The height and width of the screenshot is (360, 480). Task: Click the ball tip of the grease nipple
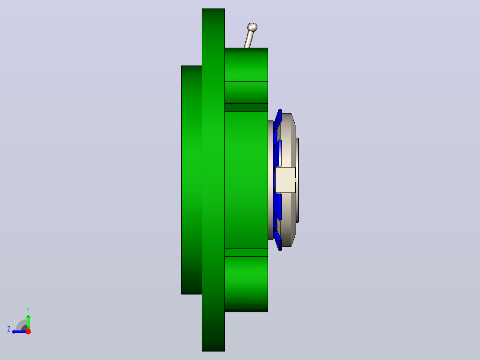click(252, 27)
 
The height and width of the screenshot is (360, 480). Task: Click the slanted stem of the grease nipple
click(249, 39)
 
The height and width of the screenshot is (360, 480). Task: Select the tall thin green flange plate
click(213, 180)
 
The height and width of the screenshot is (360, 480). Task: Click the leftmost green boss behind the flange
click(191, 180)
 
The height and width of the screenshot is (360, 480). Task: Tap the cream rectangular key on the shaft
click(285, 180)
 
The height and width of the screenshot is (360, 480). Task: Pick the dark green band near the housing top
click(246, 107)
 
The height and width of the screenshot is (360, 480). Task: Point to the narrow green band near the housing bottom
click(246, 252)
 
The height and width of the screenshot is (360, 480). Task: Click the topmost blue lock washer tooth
click(278, 119)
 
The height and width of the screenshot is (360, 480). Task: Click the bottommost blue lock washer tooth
click(278, 241)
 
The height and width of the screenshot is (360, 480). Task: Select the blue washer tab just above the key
click(279, 153)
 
